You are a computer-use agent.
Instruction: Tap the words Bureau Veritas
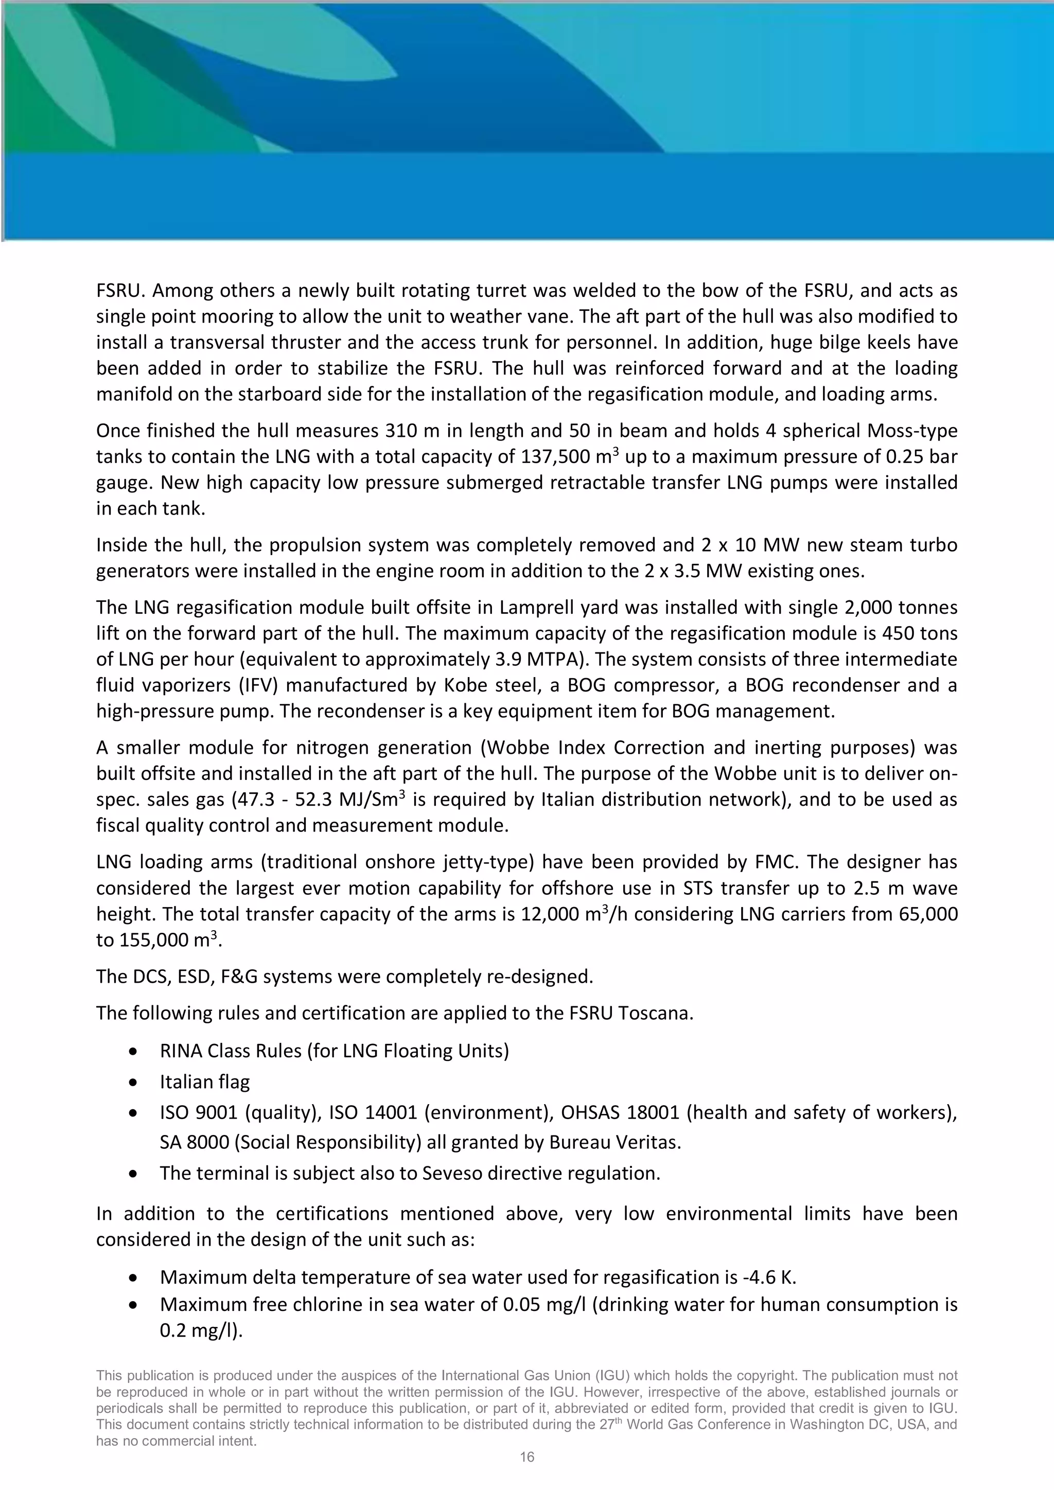click(614, 1142)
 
